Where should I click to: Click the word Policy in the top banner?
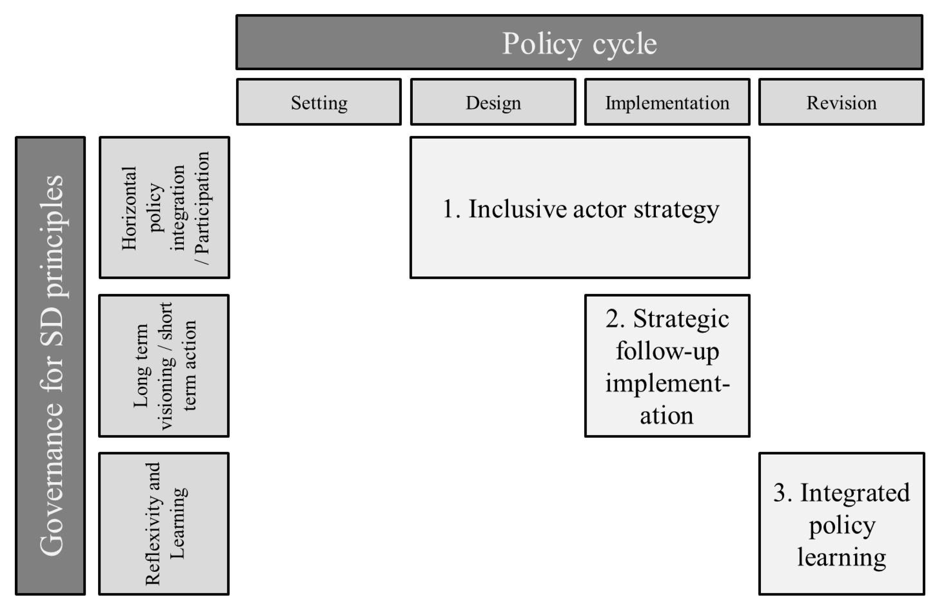(542, 44)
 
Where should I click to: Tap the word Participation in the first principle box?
(202, 203)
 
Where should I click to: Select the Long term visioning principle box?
(164, 366)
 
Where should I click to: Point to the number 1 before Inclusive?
(448, 209)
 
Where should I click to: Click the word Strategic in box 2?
(681, 319)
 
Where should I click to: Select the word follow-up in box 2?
(667, 351)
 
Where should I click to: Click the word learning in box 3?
(842, 558)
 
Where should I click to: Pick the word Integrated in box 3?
(855, 493)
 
